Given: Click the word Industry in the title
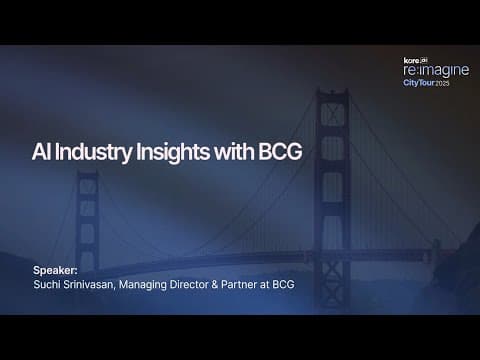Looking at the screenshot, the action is pyautogui.click(x=93, y=152).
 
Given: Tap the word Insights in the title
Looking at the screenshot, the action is pyautogui.click(x=173, y=152).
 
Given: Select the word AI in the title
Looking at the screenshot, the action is pyautogui.click(x=41, y=152).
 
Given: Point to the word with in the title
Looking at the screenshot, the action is pyautogui.click(x=234, y=152).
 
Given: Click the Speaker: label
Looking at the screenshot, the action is pyautogui.click(x=55, y=270).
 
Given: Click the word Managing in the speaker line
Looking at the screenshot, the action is pyautogui.click(x=143, y=285).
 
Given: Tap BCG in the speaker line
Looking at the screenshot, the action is pyautogui.click(x=283, y=284).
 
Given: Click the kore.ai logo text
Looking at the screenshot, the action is pyautogui.click(x=415, y=60).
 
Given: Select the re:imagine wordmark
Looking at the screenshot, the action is pyautogui.click(x=436, y=70).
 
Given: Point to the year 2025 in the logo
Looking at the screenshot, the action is pyautogui.click(x=442, y=83).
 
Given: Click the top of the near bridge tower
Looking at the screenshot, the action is pyautogui.click(x=332, y=91).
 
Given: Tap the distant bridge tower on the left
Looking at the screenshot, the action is pyautogui.click(x=87, y=221).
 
